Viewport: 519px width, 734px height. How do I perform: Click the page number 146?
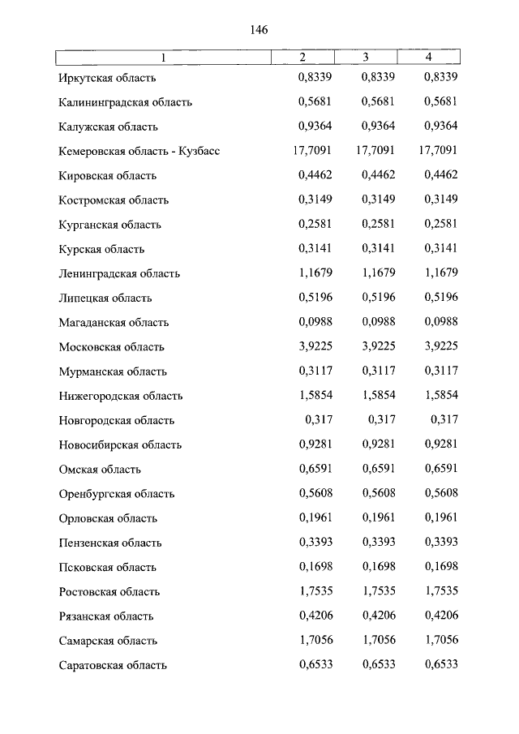click(259, 30)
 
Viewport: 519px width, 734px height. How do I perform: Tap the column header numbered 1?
click(162, 58)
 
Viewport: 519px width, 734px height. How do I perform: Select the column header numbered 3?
click(366, 58)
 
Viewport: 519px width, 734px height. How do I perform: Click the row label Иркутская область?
click(107, 78)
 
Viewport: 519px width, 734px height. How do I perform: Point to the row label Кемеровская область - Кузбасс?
click(139, 152)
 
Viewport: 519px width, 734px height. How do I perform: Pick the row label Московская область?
click(112, 347)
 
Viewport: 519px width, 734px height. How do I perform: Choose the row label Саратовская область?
click(113, 665)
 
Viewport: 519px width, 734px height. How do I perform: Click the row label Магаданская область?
click(114, 323)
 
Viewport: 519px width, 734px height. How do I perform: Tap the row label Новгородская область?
click(117, 421)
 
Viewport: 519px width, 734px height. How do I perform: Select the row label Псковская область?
click(108, 568)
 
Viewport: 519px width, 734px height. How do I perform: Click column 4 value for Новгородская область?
click(444, 420)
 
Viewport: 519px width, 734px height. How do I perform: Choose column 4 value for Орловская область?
click(441, 518)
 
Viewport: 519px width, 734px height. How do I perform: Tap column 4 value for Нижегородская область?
click(441, 396)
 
